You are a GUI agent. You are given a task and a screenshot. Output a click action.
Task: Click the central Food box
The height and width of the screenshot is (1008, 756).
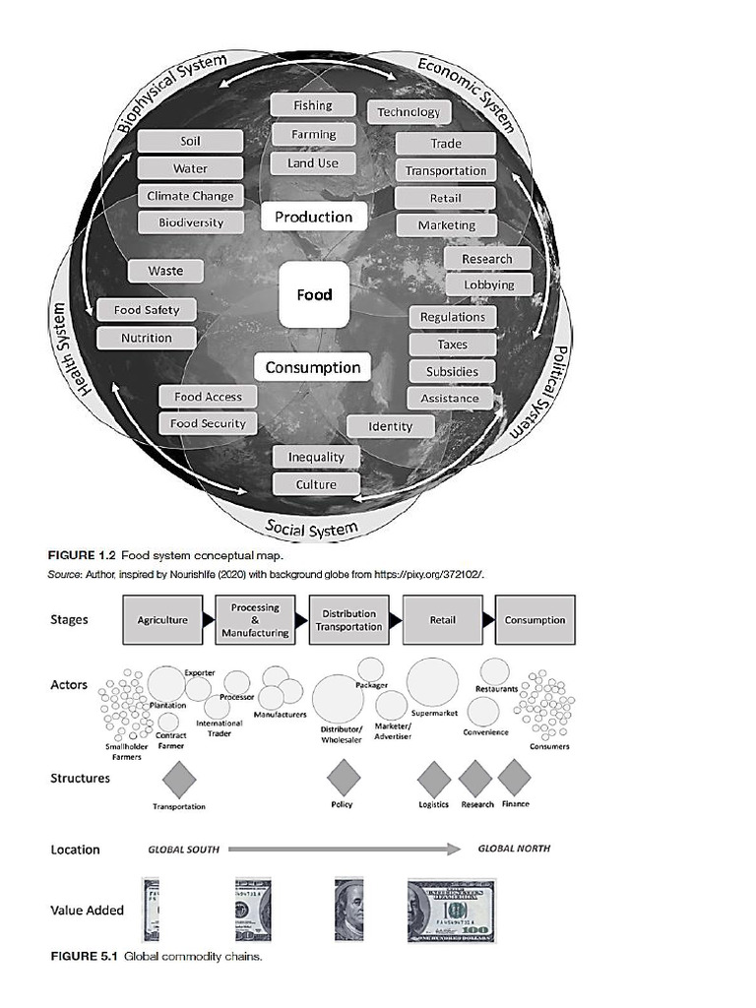tap(314, 294)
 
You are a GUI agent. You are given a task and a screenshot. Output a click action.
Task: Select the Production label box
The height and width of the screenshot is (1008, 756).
tap(313, 217)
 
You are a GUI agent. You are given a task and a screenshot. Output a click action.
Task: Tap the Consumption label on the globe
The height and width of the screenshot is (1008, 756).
tap(313, 367)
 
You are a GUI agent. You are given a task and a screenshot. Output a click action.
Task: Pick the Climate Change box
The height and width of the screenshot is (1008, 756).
tap(190, 196)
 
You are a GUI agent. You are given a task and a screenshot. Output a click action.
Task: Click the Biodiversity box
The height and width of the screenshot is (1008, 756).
tap(190, 222)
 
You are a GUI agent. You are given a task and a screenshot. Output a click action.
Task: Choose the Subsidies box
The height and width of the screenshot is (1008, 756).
tap(452, 372)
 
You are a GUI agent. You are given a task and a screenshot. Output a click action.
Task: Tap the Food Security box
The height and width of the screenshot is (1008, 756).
tap(208, 423)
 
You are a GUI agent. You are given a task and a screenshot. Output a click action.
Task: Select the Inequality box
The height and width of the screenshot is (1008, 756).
tap(316, 458)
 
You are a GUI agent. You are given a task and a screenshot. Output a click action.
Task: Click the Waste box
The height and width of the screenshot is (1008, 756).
tap(165, 271)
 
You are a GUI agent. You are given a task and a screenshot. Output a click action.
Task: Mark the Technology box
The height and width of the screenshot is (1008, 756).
tap(409, 112)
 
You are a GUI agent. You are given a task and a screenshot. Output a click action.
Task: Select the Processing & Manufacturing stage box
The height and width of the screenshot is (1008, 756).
tap(255, 620)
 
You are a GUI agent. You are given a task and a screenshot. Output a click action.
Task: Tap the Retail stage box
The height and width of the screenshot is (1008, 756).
tap(442, 620)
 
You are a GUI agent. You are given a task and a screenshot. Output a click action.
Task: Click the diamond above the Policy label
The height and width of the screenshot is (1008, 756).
tap(344, 778)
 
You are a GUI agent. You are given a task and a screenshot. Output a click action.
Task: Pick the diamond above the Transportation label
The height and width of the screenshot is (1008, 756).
tap(178, 780)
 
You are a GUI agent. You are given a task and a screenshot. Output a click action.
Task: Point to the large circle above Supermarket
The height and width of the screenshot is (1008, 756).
tap(432, 682)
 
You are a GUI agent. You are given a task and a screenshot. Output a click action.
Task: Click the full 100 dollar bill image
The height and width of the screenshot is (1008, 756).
tap(452, 911)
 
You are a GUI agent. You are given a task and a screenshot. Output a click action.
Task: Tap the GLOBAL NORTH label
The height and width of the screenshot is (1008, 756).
tap(514, 849)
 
